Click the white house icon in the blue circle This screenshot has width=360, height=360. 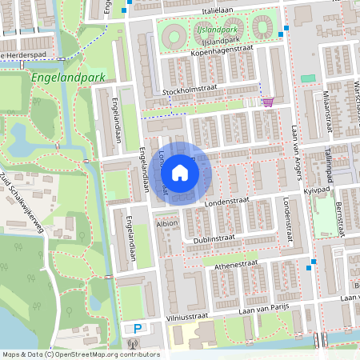point(180,172)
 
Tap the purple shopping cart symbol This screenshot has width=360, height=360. point(268,102)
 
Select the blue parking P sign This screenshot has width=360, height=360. point(138,329)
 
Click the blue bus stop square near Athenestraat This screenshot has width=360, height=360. point(313,262)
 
